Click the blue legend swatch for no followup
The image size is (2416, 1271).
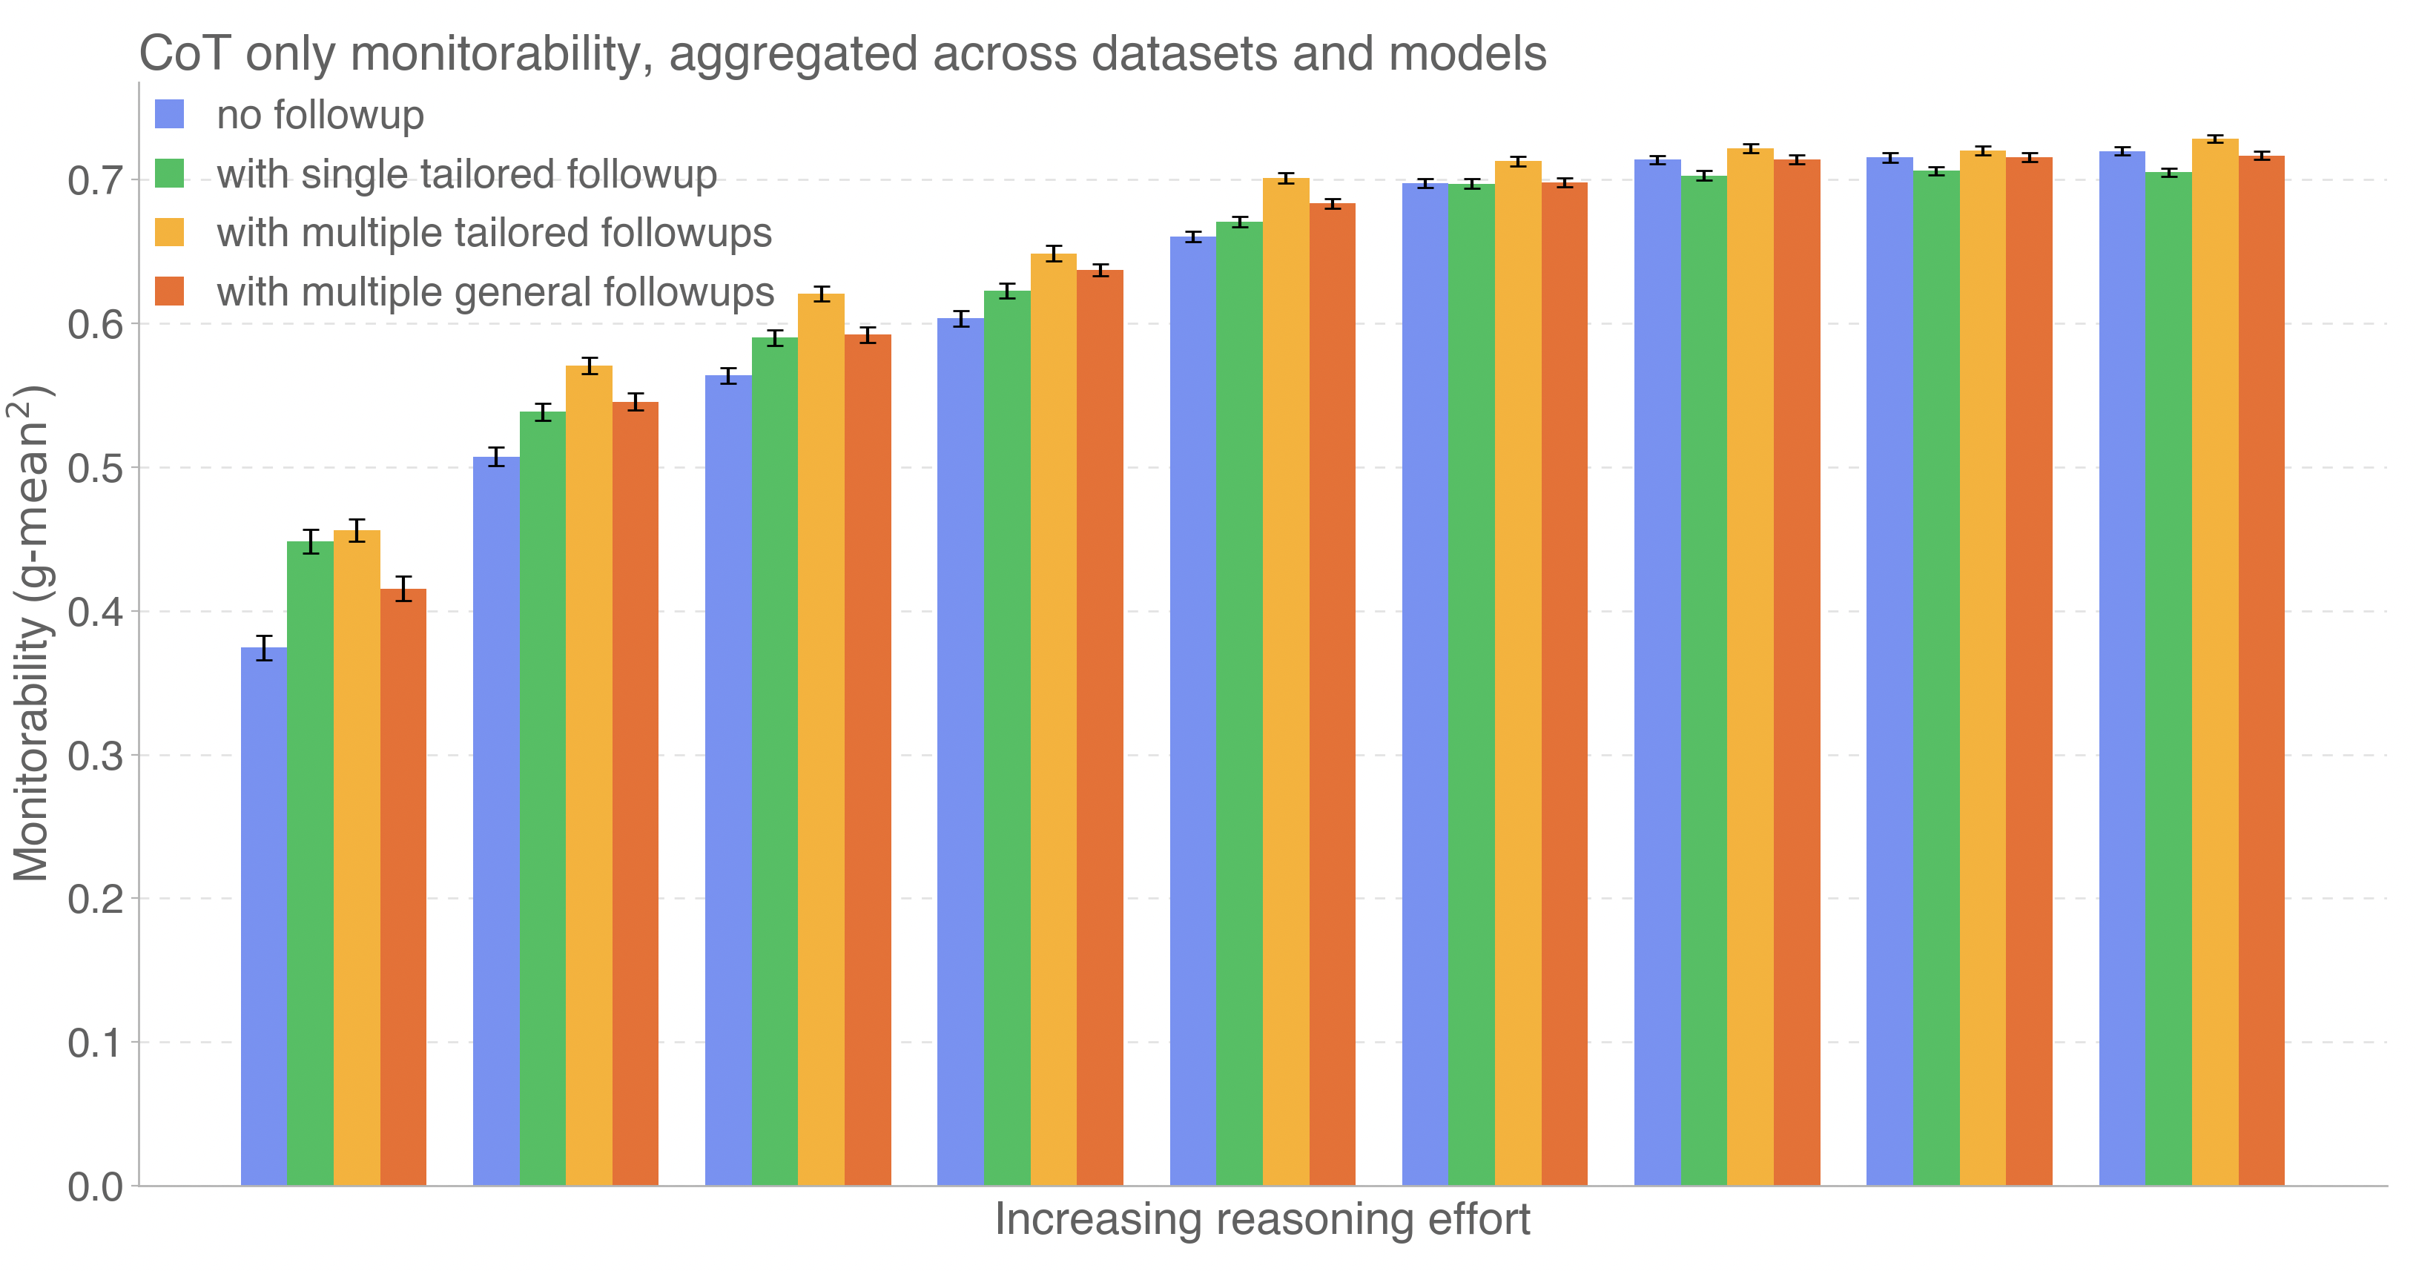pyautogui.click(x=169, y=114)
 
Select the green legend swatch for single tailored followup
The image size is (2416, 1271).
pyautogui.click(x=169, y=174)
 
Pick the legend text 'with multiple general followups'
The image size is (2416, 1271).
pyautogui.click(x=495, y=291)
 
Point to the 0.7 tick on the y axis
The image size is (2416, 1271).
pyautogui.click(x=96, y=180)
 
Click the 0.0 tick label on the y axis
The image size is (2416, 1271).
pyautogui.click(x=96, y=1186)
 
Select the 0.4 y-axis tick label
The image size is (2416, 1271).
pyautogui.click(x=96, y=612)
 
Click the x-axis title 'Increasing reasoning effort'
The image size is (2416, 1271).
pyautogui.click(x=1261, y=1219)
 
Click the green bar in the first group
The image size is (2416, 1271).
pyautogui.click(x=311, y=863)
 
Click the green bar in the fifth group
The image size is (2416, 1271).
pyautogui.click(x=1240, y=704)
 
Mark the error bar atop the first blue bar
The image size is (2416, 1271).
pyautogui.click(x=263, y=648)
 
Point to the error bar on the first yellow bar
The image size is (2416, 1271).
pyautogui.click(x=357, y=531)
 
